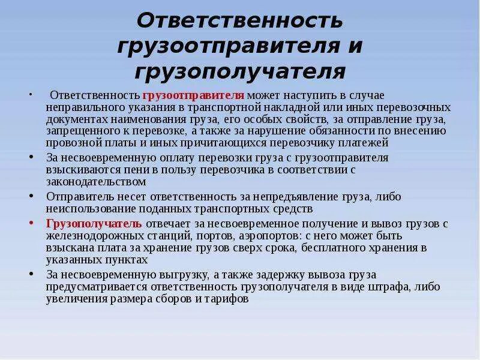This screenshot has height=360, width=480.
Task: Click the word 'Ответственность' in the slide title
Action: coord(240,22)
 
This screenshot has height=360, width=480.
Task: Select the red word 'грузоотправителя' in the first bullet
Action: coord(193,95)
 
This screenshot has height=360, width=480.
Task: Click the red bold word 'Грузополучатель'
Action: coord(94,223)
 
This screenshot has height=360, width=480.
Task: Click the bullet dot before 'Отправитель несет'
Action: coord(31,197)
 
